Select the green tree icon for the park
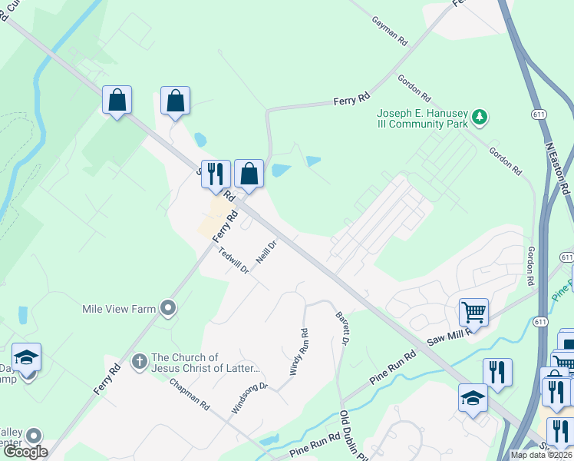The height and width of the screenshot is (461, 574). pyautogui.click(x=480, y=117)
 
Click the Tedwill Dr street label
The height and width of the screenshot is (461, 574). pyautogui.click(x=234, y=260)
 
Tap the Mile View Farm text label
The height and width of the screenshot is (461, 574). pyautogui.click(x=119, y=309)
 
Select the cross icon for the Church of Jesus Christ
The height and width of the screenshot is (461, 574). pyautogui.click(x=139, y=361)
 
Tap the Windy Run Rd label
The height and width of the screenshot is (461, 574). pyautogui.click(x=299, y=352)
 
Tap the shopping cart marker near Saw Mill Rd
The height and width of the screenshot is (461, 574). pyautogui.click(x=473, y=312)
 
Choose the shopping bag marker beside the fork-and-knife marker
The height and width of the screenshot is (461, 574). pyautogui.click(x=249, y=174)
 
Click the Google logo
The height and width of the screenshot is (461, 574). pyautogui.click(x=25, y=452)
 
